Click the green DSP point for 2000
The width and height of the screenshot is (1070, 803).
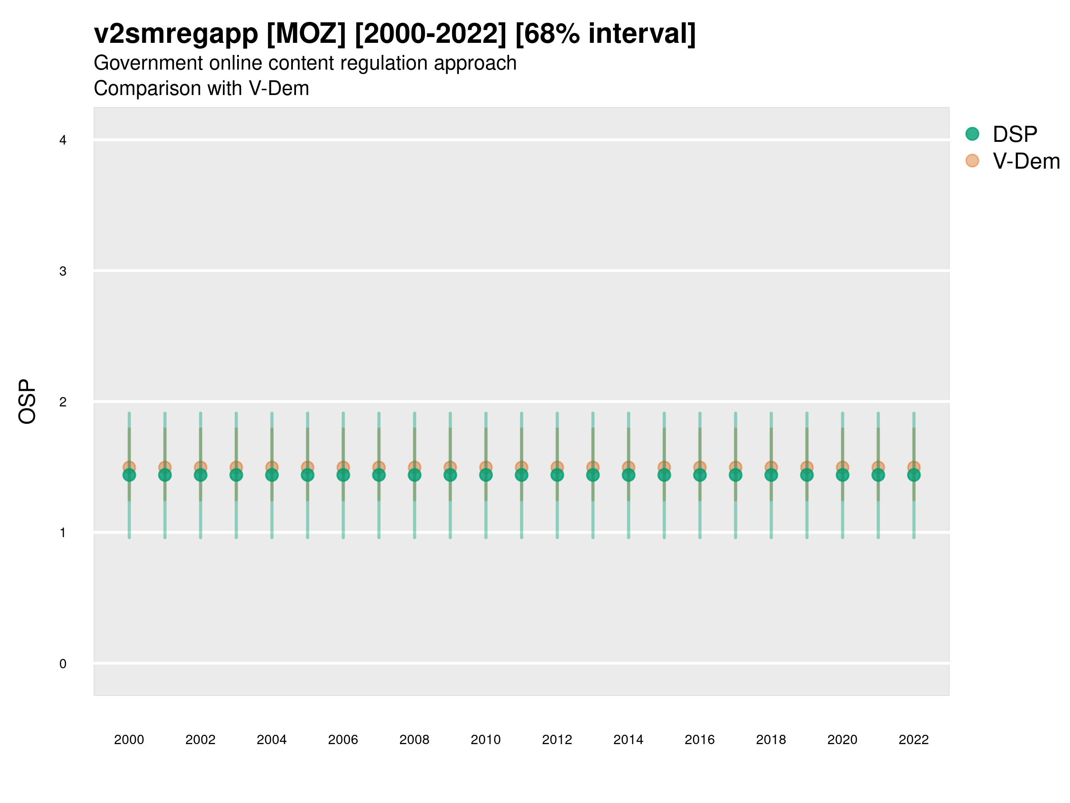(x=129, y=475)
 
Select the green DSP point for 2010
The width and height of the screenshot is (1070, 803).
(x=486, y=475)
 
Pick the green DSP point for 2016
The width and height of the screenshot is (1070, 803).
(x=700, y=475)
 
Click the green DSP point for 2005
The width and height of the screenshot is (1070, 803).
(x=308, y=475)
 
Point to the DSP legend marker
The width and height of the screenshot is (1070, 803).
(x=972, y=133)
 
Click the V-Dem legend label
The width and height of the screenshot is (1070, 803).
(x=1026, y=161)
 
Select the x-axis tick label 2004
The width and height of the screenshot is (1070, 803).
(x=272, y=740)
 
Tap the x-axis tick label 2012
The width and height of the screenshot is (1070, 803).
(x=557, y=740)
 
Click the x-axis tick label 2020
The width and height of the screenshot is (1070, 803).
(x=842, y=740)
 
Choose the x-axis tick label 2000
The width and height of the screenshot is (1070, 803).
(x=129, y=740)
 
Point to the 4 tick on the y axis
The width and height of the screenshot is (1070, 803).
(x=63, y=141)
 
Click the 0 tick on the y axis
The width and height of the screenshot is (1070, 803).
(x=63, y=664)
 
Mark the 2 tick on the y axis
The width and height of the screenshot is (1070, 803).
(x=63, y=402)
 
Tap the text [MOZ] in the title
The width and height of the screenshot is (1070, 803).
(x=306, y=33)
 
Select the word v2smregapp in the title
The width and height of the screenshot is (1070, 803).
(x=176, y=33)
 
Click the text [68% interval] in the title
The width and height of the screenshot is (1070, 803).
(x=605, y=33)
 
